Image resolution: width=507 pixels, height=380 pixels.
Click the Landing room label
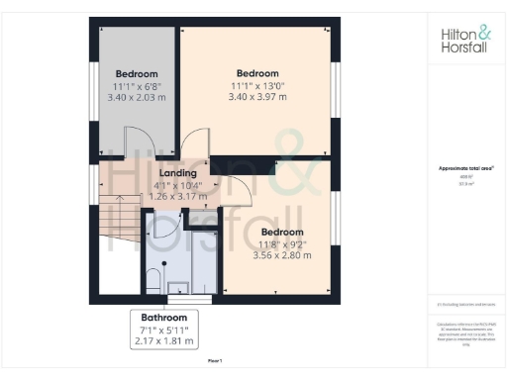click(x=177, y=172)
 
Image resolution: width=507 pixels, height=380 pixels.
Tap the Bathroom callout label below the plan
click(x=163, y=318)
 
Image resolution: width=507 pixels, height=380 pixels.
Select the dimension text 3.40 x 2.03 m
click(x=135, y=98)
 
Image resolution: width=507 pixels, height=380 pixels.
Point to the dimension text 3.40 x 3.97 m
click(x=256, y=97)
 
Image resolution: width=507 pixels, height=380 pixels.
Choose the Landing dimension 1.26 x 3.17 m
click(x=177, y=196)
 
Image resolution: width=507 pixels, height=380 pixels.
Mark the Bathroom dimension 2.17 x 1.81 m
click(x=163, y=341)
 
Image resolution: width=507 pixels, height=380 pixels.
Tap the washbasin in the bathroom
click(x=179, y=287)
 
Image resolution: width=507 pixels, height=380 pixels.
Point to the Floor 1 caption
click(x=215, y=362)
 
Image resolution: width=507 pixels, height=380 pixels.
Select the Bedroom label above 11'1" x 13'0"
click(x=256, y=73)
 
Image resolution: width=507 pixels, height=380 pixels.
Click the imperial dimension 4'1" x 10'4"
click(x=177, y=184)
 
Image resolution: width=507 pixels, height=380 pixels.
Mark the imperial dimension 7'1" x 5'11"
click(x=163, y=330)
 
